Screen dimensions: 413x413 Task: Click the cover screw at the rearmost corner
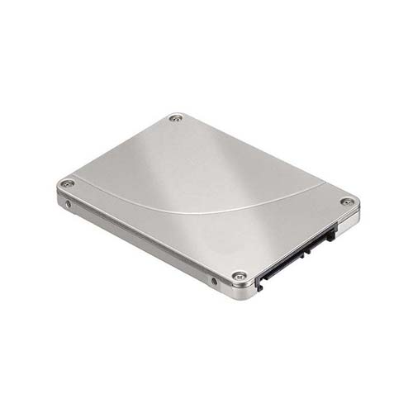(x=175, y=118)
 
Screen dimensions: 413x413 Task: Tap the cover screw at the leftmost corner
(x=68, y=183)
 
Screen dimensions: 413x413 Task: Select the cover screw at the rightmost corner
(x=348, y=202)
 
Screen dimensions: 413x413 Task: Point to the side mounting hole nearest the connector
(x=215, y=281)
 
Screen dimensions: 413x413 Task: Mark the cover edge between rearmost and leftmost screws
(x=120, y=150)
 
